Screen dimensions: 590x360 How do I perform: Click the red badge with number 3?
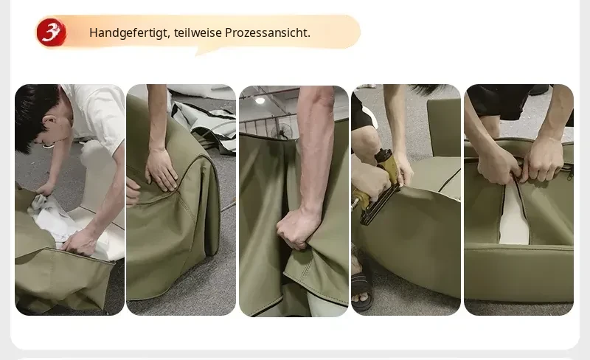51,32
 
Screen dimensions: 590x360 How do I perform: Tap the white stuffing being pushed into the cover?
57,218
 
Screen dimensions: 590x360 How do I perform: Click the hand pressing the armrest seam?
161,170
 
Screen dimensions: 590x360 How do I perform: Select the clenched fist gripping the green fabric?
298,229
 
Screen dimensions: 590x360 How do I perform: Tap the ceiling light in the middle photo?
260,100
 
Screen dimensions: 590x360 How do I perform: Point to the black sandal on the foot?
362,291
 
